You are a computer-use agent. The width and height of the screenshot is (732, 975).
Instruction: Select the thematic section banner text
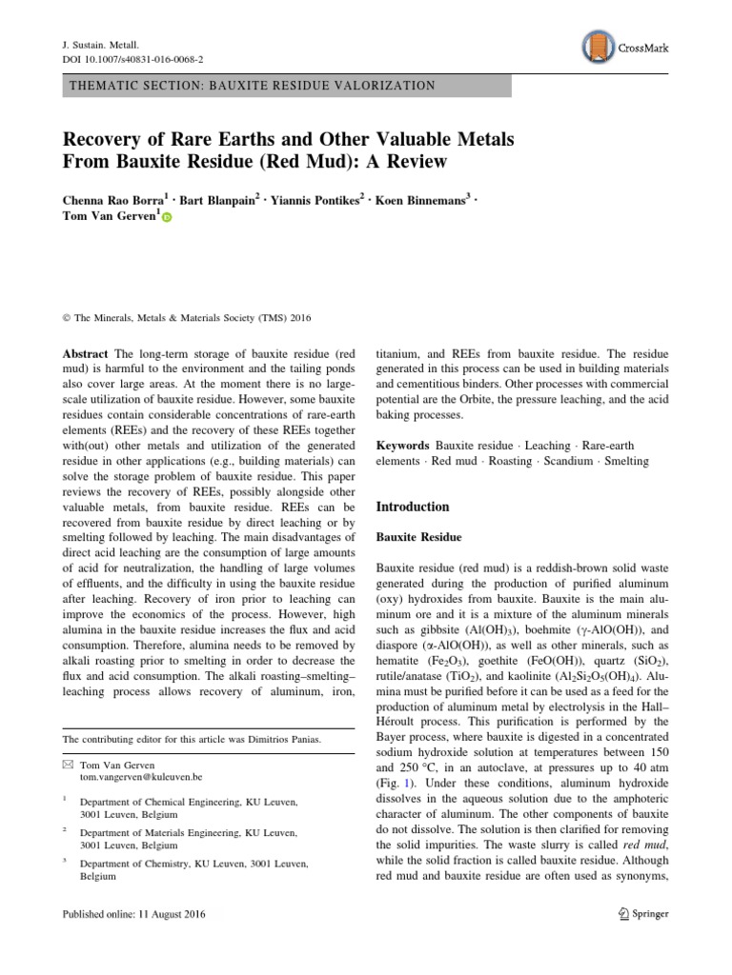(253, 86)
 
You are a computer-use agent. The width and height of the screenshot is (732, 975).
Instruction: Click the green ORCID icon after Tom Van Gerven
(167, 219)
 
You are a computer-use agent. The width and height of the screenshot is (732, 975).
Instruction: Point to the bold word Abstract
(84, 352)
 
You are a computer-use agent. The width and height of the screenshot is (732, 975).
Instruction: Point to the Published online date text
(132, 915)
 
